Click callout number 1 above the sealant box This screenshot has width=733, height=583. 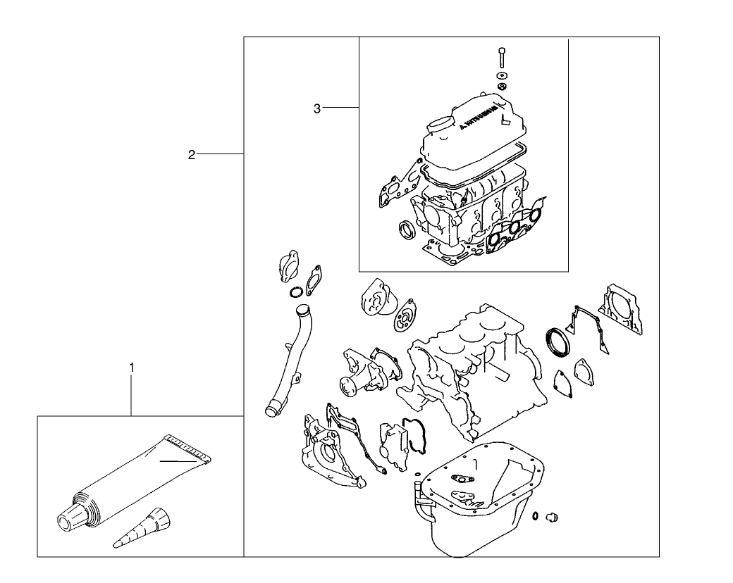pos(131,367)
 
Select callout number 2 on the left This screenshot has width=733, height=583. pos(192,154)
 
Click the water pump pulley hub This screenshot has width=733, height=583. pos(348,384)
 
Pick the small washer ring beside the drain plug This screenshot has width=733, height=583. pos(537,516)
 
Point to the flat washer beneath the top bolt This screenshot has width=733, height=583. pos(500,74)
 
